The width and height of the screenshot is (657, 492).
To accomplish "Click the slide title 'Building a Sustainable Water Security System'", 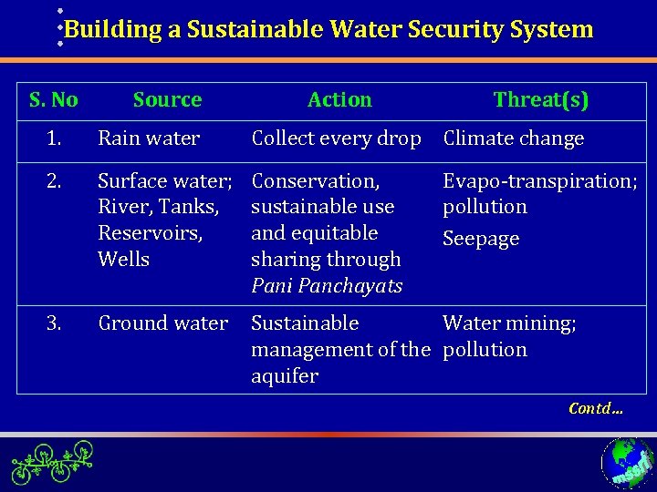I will pyautogui.click(x=328, y=29).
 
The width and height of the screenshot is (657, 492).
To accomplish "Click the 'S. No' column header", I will pyautogui.click(x=54, y=99).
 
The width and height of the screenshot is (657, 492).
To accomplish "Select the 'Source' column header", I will pyautogui.click(x=167, y=99).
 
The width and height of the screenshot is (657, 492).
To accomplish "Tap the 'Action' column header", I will pyautogui.click(x=339, y=99).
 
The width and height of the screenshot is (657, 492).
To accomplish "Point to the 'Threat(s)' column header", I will pyautogui.click(x=541, y=99).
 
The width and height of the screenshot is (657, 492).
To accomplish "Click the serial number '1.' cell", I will pyautogui.click(x=54, y=138).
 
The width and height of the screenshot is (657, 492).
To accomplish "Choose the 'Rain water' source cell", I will pyautogui.click(x=149, y=138).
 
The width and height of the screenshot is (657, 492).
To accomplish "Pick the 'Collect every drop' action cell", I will pyautogui.click(x=336, y=138).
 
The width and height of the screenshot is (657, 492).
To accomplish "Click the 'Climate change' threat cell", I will pyautogui.click(x=513, y=138).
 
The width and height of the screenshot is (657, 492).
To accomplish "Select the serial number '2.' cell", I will pyautogui.click(x=54, y=180).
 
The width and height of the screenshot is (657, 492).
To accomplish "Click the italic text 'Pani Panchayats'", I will pyautogui.click(x=327, y=286).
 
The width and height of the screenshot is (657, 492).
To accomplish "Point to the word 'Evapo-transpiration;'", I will pyautogui.click(x=540, y=180).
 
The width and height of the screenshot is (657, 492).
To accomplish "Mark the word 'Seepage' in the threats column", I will pyautogui.click(x=481, y=239).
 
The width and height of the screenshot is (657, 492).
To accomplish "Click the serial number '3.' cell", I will pyautogui.click(x=54, y=323).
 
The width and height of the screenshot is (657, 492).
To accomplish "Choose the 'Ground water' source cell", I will pyautogui.click(x=162, y=323).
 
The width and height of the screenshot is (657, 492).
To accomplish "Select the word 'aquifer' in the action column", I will pyautogui.click(x=285, y=376).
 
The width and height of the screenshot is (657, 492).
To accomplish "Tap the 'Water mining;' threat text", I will pyautogui.click(x=509, y=323).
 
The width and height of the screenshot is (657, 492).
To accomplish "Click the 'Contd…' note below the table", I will pyautogui.click(x=596, y=408).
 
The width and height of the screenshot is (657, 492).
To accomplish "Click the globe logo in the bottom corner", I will pyautogui.click(x=627, y=463).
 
